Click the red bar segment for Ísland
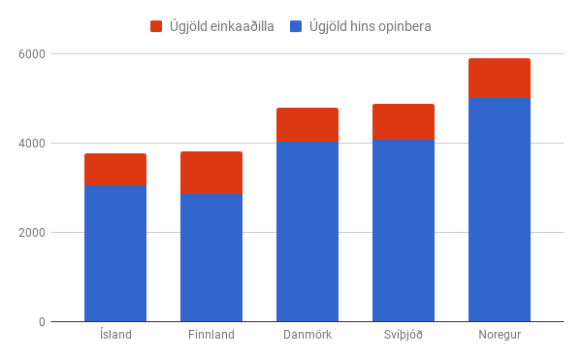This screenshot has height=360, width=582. click(115, 170)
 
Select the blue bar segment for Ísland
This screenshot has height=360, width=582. click(115, 253)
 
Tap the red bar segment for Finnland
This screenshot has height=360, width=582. click(211, 173)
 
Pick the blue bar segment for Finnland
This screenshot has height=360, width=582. click(211, 257)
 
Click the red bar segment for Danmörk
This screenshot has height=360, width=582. click(307, 124)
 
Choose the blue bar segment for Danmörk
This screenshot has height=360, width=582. click(307, 231)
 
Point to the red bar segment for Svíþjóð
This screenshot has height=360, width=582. click(404, 121)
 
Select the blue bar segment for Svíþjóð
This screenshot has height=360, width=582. click(404, 230)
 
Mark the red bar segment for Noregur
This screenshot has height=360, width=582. click(500, 79)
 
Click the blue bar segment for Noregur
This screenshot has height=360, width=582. click(500, 210)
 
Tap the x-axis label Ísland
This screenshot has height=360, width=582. click(115, 335)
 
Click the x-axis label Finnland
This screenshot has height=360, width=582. click(211, 335)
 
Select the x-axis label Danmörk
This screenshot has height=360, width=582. click(307, 335)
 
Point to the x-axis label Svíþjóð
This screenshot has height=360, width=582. click(404, 335)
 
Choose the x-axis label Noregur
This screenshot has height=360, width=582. click(500, 335)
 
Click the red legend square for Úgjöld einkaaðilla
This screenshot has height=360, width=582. click(156, 26)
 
